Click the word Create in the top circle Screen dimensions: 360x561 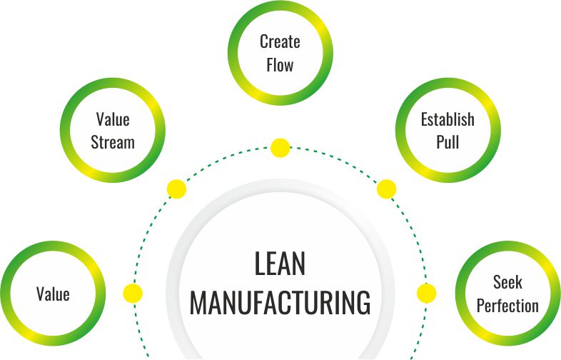[280, 41]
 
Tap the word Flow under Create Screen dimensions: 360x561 [280, 64]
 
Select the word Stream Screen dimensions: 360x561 [113, 141]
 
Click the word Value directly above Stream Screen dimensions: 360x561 [113, 119]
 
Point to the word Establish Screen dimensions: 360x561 [448, 119]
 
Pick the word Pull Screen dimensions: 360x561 [448, 141]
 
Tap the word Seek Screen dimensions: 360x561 [507, 283]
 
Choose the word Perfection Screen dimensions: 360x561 [507, 306]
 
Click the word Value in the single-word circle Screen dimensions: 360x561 [53, 294]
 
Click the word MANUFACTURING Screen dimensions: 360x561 [280, 302]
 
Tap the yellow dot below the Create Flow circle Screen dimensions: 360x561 [280, 148]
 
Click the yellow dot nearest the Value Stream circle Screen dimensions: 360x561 [176, 189]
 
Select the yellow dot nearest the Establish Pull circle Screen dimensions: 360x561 [386, 189]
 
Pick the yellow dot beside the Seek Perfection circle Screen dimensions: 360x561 [426, 294]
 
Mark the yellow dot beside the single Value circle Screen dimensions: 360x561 [133, 294]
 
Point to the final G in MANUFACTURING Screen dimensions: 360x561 [362, 302]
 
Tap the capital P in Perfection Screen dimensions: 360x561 [481, 306]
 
